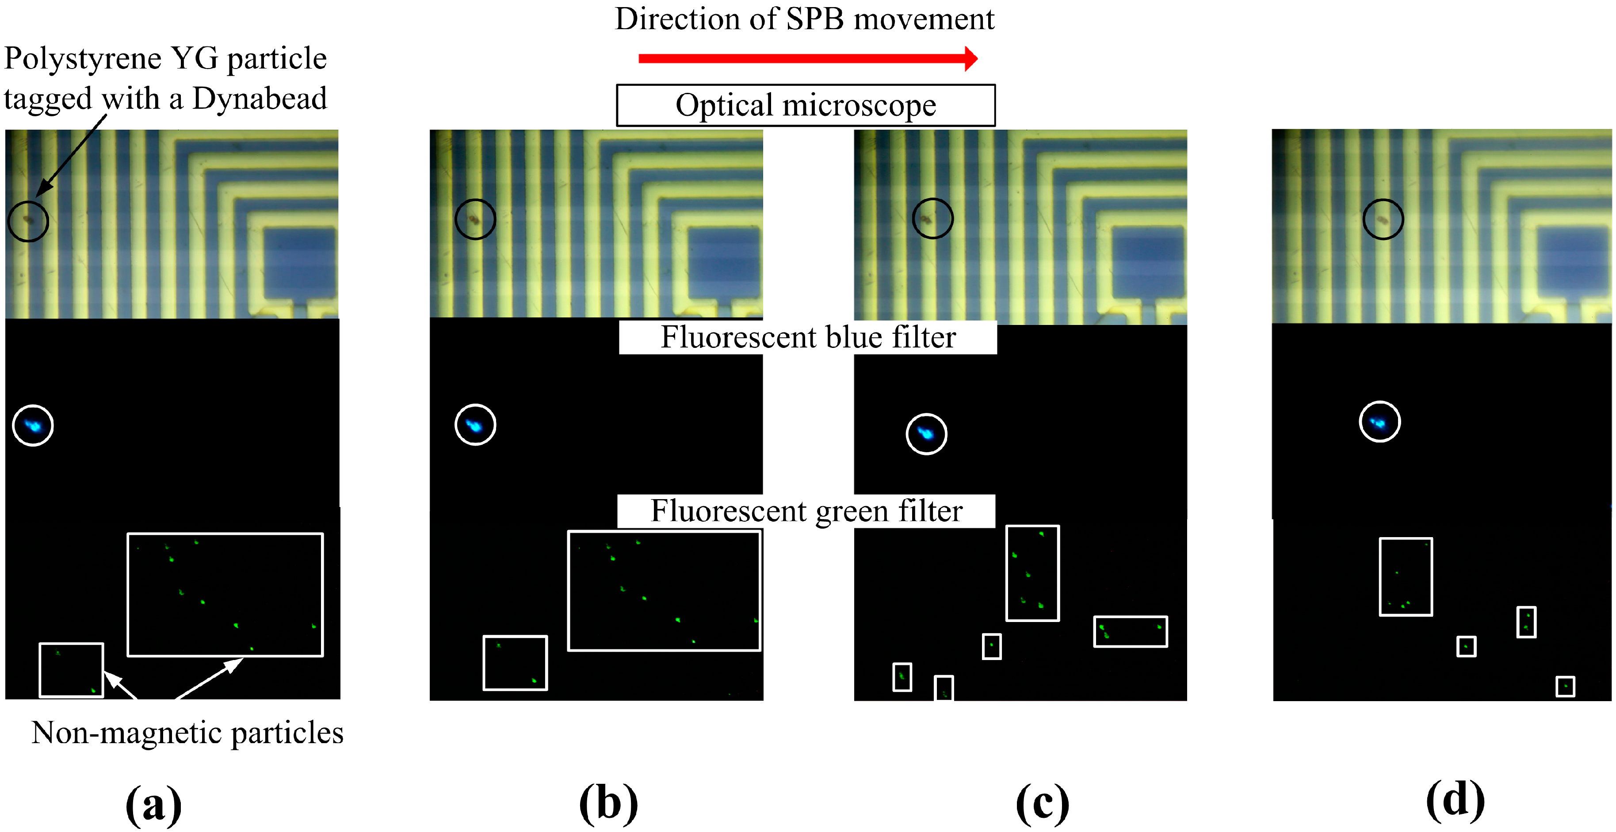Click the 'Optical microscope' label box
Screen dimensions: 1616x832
[806, 105]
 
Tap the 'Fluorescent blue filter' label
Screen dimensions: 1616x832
[808, 338]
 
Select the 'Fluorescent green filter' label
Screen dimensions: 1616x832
[806, 511]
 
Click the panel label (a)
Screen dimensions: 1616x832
[154, 804]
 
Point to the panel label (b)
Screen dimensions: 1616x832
[608, 804]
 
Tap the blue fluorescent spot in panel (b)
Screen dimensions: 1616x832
[475, 425]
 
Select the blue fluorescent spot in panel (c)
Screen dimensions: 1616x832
[926, 434]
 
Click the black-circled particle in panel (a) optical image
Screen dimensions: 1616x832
[27, 220]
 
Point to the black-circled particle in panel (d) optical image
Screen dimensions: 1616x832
[1383, 220]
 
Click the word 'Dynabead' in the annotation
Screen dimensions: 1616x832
[259, 99]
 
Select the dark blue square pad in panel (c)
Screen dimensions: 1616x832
[1148, 262]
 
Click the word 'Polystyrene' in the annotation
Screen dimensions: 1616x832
[83, 59]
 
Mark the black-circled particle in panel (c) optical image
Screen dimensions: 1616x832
[932, 219]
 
